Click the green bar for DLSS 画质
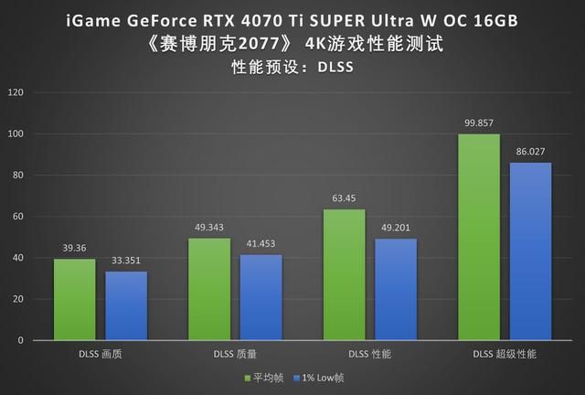coord(75,299)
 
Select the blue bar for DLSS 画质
coord(126,305)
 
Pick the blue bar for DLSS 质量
coord(261,297)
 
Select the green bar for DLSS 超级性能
coord(479,237)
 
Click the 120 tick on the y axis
coord(16,93)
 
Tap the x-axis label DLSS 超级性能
coord(505,354)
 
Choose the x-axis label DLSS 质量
coord(235,354)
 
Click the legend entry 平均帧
coord(264,377)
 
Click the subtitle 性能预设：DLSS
coord(292,66)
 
